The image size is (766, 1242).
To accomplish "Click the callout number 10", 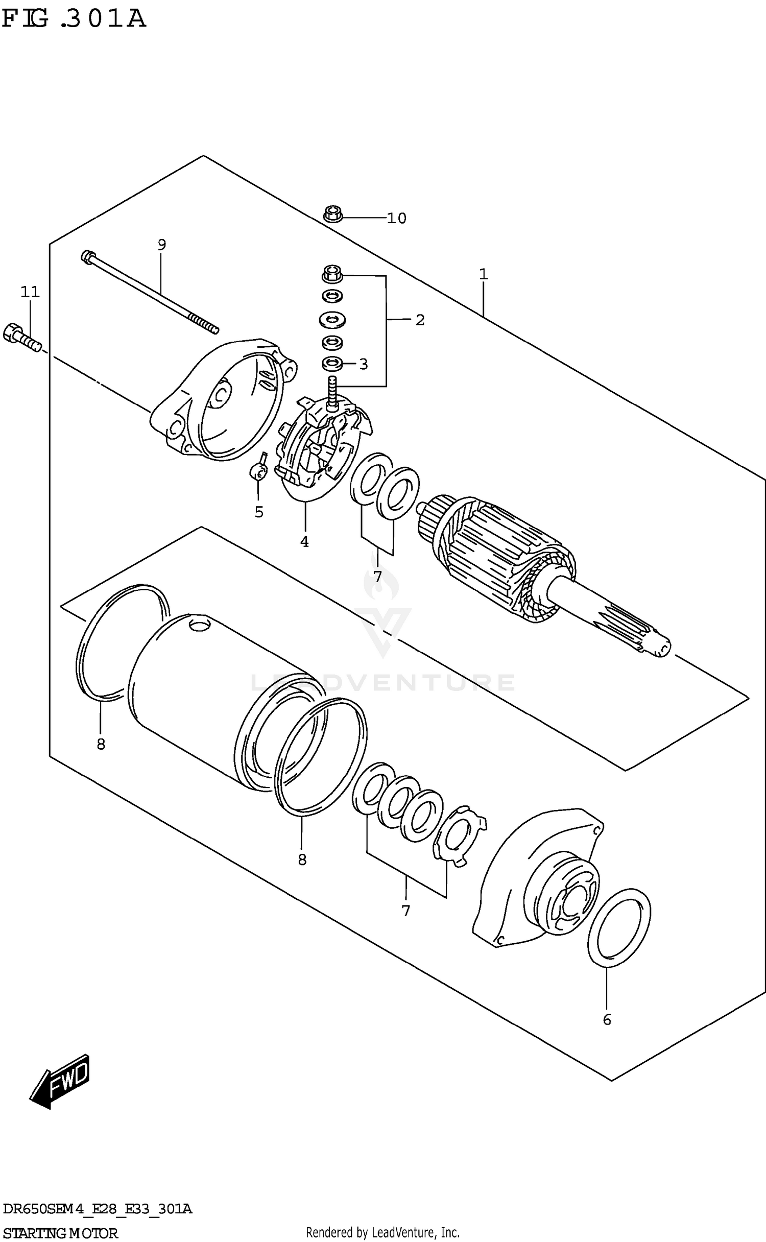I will coord(396,218).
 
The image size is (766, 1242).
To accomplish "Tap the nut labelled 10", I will coord(332,214).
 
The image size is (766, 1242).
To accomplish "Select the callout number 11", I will coord(30,292).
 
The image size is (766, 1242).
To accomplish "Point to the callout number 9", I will coord(161,245).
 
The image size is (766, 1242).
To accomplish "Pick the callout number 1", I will coord(483,275).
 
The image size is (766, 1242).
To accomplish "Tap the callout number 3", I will coord(363,364).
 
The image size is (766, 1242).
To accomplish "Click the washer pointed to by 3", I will coord(332,364).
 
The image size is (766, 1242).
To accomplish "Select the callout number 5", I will coord(259,511).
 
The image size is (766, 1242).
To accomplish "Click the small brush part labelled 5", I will coord(259,470).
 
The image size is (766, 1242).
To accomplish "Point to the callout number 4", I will coord(304,542).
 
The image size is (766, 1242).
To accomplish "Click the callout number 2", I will coord(420,320).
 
